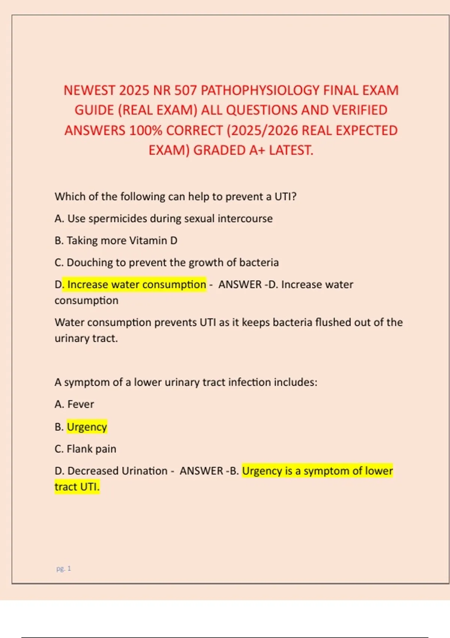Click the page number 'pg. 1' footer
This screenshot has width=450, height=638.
63,569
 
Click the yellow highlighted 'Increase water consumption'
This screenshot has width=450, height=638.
136,284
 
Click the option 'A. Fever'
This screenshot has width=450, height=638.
74,404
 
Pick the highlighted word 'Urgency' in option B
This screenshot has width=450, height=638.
87,427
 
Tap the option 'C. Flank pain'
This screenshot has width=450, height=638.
85,449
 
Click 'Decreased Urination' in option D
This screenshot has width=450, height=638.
117,471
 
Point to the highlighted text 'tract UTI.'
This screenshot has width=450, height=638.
77,487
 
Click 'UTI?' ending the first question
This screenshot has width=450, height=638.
285,197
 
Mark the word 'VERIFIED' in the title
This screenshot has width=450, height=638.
360,110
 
